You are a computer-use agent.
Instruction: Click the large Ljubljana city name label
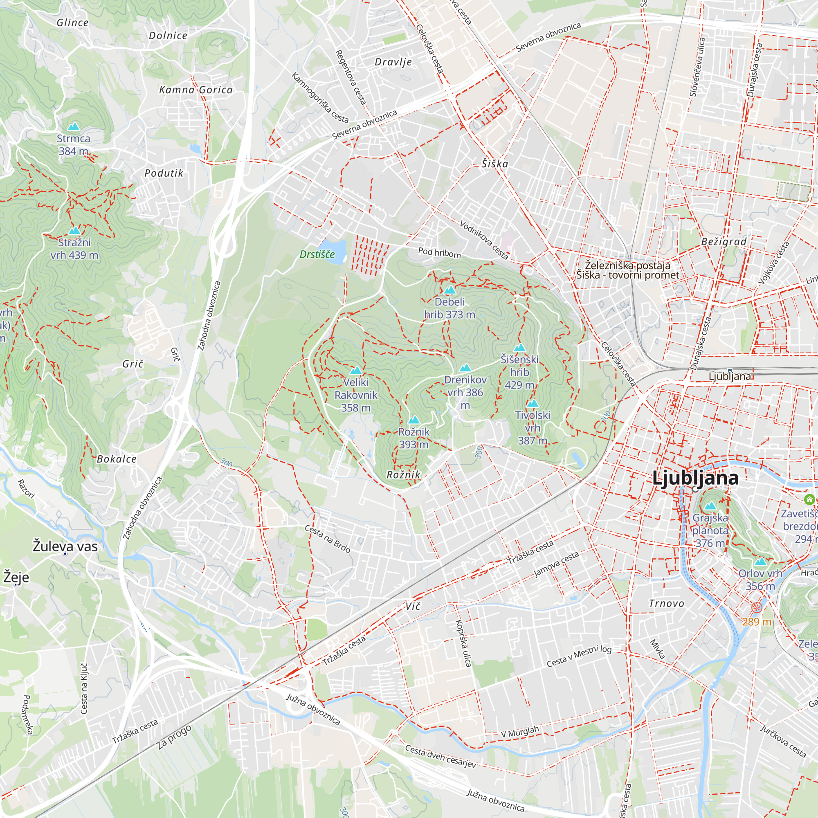pyautogui.click(x=695, y=478)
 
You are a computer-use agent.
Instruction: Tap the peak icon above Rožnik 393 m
pyautogui.click(x=413, y=420)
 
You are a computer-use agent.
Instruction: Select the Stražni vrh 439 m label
pyautogui.click(x=74, y=249)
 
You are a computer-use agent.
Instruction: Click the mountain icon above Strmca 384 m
pyautogui.click(x=74, y=127)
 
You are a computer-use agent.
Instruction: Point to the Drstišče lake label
pyautogui.click(x=317, y=254)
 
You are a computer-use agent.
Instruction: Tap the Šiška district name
pyautogui.click(x=494, y=164)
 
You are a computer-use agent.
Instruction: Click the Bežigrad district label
pyautogui.click(x=724, y=242)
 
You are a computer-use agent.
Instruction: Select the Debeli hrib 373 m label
pyautogui.click(x=449, y=308)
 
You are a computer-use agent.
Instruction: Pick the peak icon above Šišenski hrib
pyautogui.click(x=519, y=348)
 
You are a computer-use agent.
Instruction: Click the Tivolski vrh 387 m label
pyautogui.click(x=533, y=428)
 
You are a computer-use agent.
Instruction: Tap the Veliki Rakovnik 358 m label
pyautogui.click(x=356, y=395)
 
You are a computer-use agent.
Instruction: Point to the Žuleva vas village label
pyautogui.click(x=65, y=546)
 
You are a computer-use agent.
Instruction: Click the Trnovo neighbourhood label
pyautogui.click(x=666, y=603)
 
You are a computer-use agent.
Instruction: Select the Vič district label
pyautogui.click(x=413, y=606)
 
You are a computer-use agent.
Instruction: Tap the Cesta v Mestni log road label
pyautogui.click(x=579, y=656)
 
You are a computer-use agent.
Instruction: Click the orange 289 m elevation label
pyautogui.click(x=757, y=622)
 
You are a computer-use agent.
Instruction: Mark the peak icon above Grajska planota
pyautogui.click(x=710, y=506)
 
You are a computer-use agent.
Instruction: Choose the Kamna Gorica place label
pyautogui.click(x=196, y=90)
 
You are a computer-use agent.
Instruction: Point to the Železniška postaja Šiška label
pyautogui.click(x=627, y=270)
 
